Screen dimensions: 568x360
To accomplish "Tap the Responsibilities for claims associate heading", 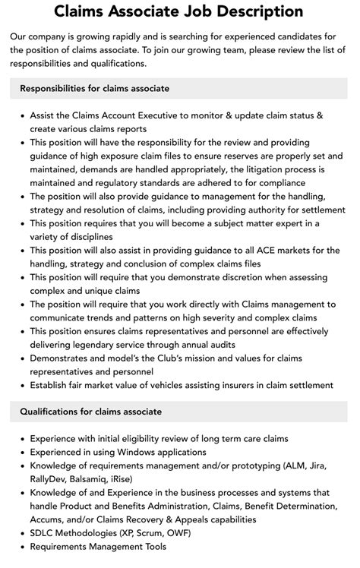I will click(x=95, y=88).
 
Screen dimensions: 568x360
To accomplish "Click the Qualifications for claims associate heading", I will click(x=90, y=412).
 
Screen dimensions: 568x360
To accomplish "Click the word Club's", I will click(x=172, y=358).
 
